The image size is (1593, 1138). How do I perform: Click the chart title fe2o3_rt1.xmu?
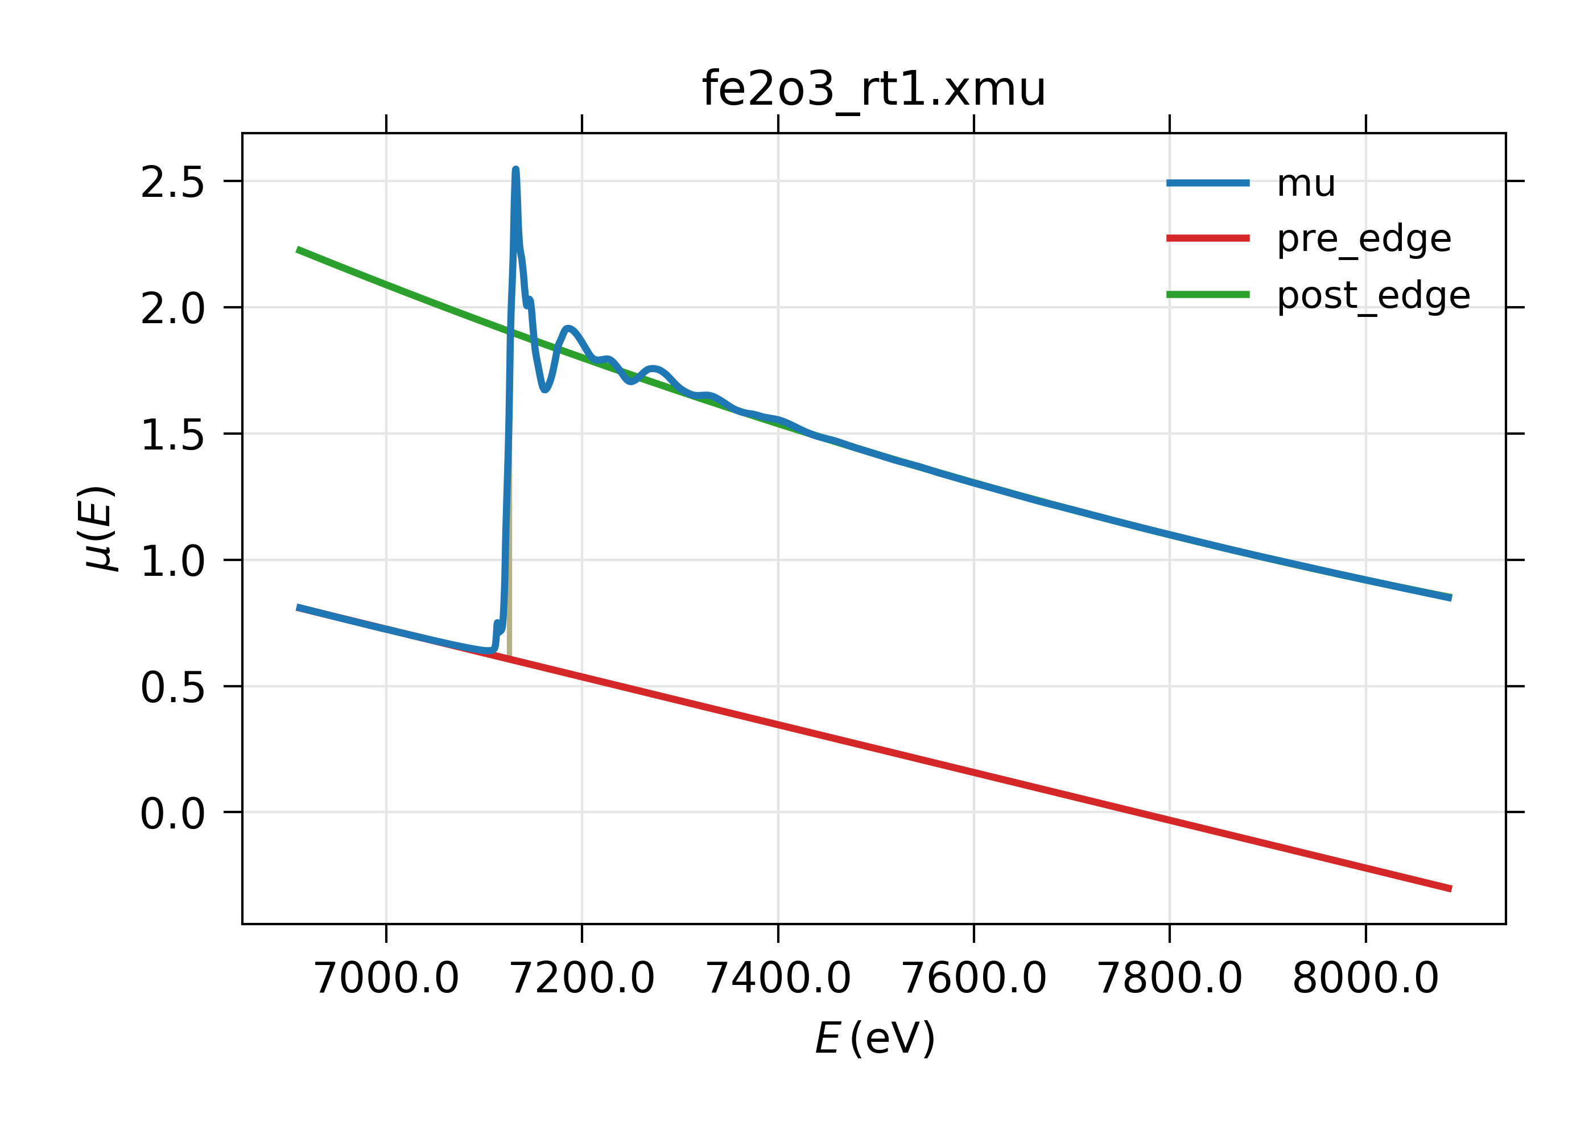873,90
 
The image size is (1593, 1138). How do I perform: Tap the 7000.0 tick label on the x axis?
386,978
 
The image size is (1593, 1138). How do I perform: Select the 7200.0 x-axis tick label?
581,978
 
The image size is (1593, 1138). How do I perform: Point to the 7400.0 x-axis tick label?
778,978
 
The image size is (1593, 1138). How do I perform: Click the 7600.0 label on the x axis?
974,978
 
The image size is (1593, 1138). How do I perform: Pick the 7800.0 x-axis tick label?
1169,978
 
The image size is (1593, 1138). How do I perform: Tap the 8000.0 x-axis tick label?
1365,978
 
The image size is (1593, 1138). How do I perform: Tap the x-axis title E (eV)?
874,1038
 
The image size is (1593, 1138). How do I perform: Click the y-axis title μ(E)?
98,527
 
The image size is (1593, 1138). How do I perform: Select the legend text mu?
1306,184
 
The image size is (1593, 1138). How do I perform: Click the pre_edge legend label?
1364,240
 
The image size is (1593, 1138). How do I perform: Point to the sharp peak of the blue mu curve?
515,170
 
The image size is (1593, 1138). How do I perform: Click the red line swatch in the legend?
1208,238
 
